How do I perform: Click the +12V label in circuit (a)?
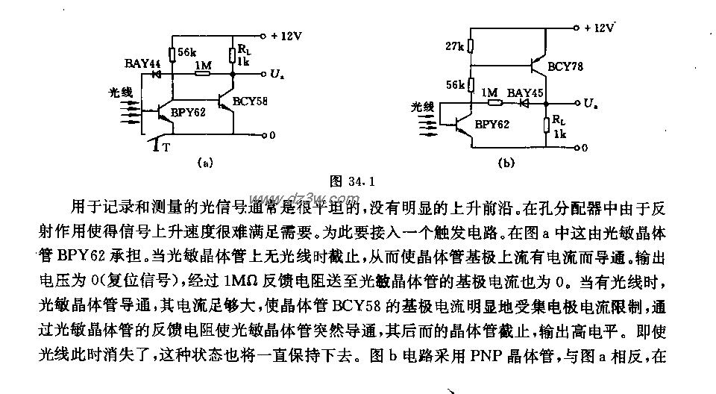pos(288,35)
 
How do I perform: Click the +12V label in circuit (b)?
pos(601,28)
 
